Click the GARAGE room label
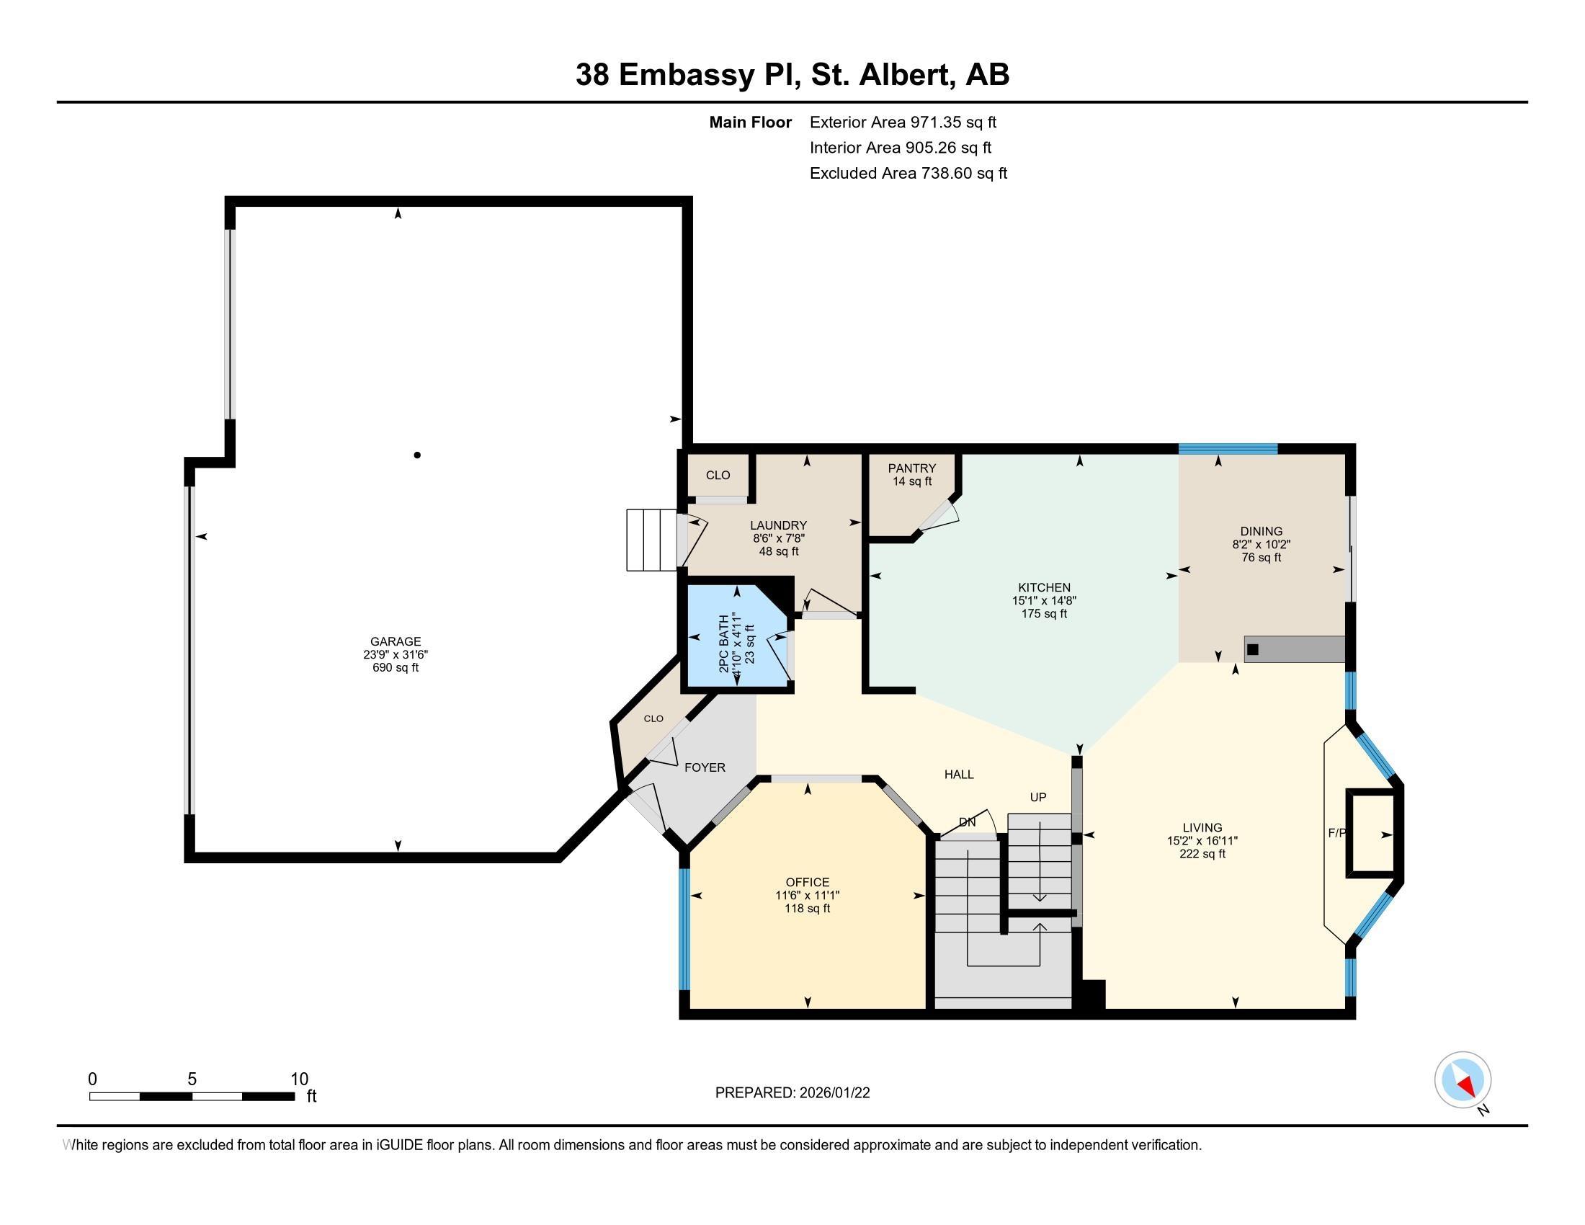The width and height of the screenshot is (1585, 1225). coord(396,641)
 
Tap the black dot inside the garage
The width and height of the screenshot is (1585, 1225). coord(417,455)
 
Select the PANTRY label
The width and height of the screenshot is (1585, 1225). coord(911,468)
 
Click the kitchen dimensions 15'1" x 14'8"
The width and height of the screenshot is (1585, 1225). coord(1044,601)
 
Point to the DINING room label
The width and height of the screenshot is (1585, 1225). coord(1262,531)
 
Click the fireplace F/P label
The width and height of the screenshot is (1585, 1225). coord(1336,833)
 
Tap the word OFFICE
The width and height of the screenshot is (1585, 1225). coord(807,883)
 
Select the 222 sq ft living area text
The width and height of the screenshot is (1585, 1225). coord(1202,854)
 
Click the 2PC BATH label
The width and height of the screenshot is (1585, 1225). coord(723,643)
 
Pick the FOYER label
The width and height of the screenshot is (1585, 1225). coord(705,768)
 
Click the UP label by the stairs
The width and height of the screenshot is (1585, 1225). coord(1037,797)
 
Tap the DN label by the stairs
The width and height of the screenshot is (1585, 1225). coord(967,822)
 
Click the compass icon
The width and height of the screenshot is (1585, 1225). coord(1463,1080)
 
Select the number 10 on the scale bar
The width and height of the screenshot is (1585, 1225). coord(299,1079)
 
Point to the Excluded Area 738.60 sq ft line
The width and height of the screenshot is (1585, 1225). coord(908,174)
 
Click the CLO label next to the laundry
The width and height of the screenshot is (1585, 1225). coord(718,476)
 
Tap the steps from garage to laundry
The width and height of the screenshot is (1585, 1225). coord(651,540)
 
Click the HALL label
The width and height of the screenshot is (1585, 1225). coord(959,775)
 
